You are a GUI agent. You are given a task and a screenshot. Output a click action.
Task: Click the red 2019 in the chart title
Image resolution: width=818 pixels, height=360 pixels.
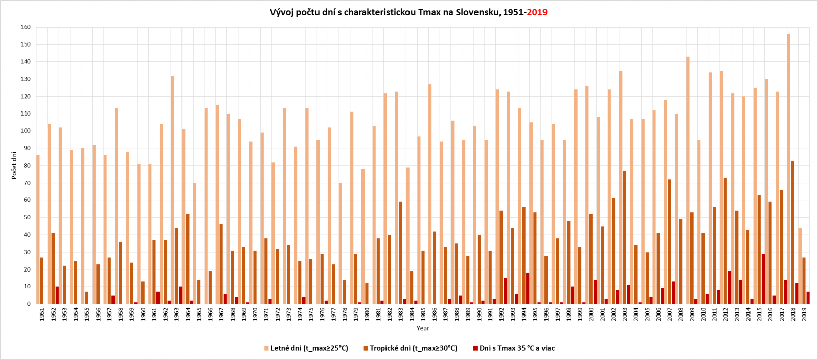[537, 12]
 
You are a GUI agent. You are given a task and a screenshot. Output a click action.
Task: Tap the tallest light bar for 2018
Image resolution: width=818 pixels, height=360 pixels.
[789, 169]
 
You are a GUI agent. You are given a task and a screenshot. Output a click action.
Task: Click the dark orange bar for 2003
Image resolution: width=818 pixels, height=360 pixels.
[625, 237]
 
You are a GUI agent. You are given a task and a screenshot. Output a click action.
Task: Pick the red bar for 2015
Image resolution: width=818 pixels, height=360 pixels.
[763, 279]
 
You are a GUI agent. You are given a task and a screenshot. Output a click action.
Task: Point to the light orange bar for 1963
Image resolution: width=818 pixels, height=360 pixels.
[173, 190]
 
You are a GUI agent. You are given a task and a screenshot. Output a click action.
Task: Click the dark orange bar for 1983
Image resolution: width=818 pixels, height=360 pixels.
[400, 253]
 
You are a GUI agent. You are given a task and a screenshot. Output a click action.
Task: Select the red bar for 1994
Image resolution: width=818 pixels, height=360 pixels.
[528, 288]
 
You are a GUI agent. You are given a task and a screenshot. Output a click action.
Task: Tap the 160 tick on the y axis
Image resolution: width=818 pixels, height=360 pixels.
[26, 27]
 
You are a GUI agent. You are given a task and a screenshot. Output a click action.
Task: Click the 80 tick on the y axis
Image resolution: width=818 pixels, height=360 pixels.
[27, 165]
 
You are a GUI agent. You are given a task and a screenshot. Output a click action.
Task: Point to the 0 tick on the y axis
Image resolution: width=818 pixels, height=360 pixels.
[29, 304]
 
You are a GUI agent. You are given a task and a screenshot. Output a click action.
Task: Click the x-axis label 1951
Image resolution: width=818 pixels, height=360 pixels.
[42, 313]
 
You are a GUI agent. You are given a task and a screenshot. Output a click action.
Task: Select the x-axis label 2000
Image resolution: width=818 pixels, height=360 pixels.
[592, 313]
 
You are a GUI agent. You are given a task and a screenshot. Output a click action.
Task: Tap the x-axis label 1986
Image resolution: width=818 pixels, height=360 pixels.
[435, 313]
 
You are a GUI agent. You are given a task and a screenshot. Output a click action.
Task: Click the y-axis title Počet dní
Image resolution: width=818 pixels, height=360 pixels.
[14, 165]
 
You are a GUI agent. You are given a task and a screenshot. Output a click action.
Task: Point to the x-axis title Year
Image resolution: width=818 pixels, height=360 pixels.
[423, 328]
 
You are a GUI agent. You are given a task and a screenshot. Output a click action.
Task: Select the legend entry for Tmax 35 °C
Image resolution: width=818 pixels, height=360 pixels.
[516, 348]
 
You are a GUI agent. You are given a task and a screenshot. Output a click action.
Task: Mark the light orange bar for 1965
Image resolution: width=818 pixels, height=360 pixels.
[195, 243]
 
